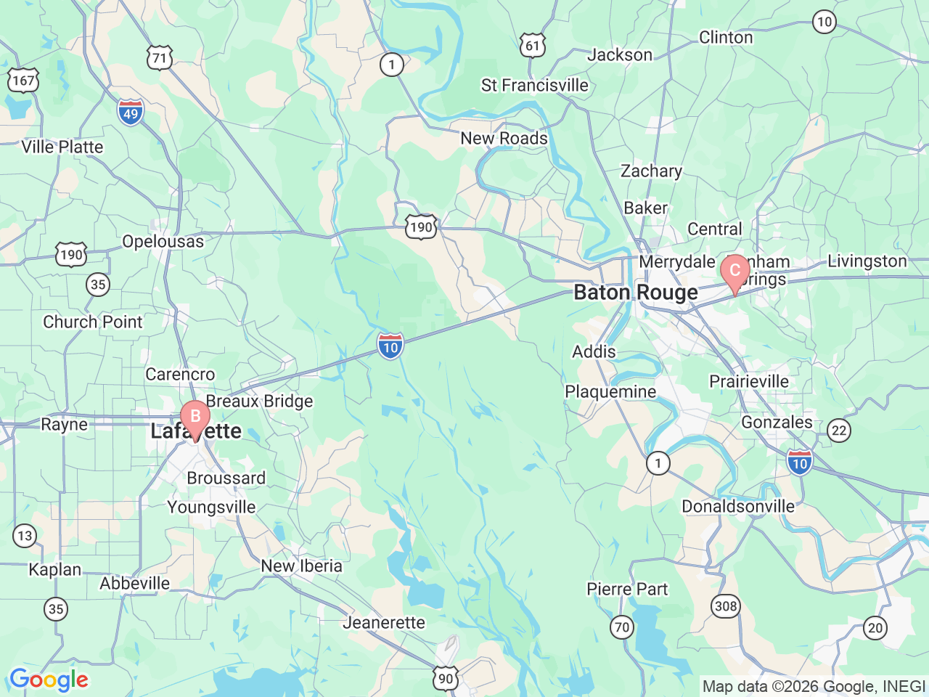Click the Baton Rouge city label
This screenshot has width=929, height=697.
click(x=636, y=293)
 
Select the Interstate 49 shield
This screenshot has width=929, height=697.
click(x=131, y=113)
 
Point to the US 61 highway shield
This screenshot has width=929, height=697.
click(x=533, y=46)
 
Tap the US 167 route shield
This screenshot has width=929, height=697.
click(x=22, y=80)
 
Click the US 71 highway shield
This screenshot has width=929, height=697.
click(x=160, y=58)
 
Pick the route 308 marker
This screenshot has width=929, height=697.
click(x=725, y=606)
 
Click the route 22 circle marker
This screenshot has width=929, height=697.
click(x=839, y=431)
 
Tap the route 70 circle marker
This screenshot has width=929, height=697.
click(x=622, y=627)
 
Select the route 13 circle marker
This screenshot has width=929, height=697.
click(x=25, y=536)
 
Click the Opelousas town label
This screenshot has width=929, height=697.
click(x=163, y=241)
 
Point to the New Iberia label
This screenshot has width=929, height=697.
click(x=301, y=566)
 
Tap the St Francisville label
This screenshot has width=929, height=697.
click(x=535, y=86)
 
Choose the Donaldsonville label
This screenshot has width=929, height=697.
click(x=738, y=506)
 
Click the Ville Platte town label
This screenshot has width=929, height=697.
click(x=62, y=147)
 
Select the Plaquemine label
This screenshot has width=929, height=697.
click(x=610, y=392)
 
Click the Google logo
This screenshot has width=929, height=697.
click(x=49, y=680)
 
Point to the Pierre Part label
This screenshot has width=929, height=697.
click(x=627, y=589)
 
